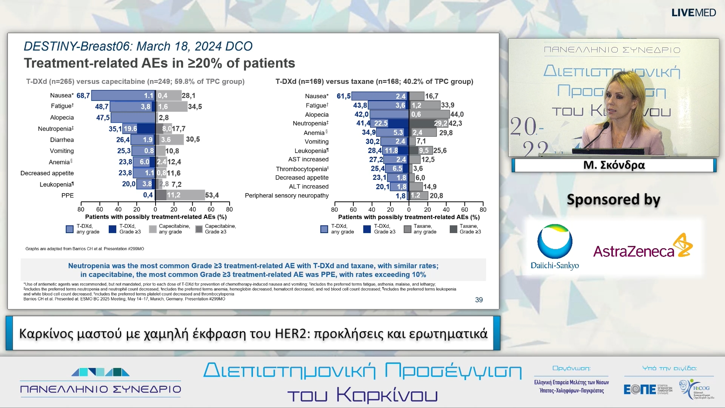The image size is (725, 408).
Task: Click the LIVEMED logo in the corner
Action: click(x=693, y=12)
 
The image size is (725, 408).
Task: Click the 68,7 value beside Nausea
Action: click(x=83, y=96)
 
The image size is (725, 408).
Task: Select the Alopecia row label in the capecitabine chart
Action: click(x=62, y=117)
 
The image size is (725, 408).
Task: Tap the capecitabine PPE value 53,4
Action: click(x=212, y=195)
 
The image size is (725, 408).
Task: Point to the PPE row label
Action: click(x=68, y=195)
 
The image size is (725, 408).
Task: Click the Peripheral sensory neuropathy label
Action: click(x=287, y=195)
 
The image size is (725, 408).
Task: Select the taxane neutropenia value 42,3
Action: click(x=455, y=123)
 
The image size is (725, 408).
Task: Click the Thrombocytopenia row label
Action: click(x=302, y=169)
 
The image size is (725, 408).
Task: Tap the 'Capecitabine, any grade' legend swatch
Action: click(x=153, y=229)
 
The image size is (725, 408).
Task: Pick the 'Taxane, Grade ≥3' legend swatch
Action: click(x=454, y=229)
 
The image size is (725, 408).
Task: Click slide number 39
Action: click(x=479, y=300)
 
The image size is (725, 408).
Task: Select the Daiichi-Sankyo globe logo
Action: click(x=555, y=242)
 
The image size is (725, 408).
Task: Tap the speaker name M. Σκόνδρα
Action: click(x=614, y=165)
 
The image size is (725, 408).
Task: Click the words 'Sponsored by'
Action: click(x=613, y=199)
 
